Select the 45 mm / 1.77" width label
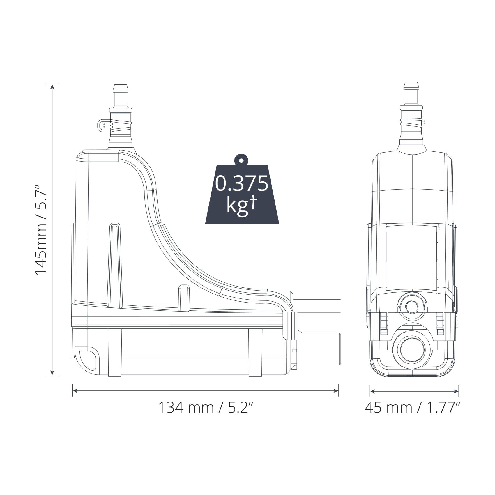(x=412, y=407)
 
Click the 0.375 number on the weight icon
(x=242, y=183)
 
